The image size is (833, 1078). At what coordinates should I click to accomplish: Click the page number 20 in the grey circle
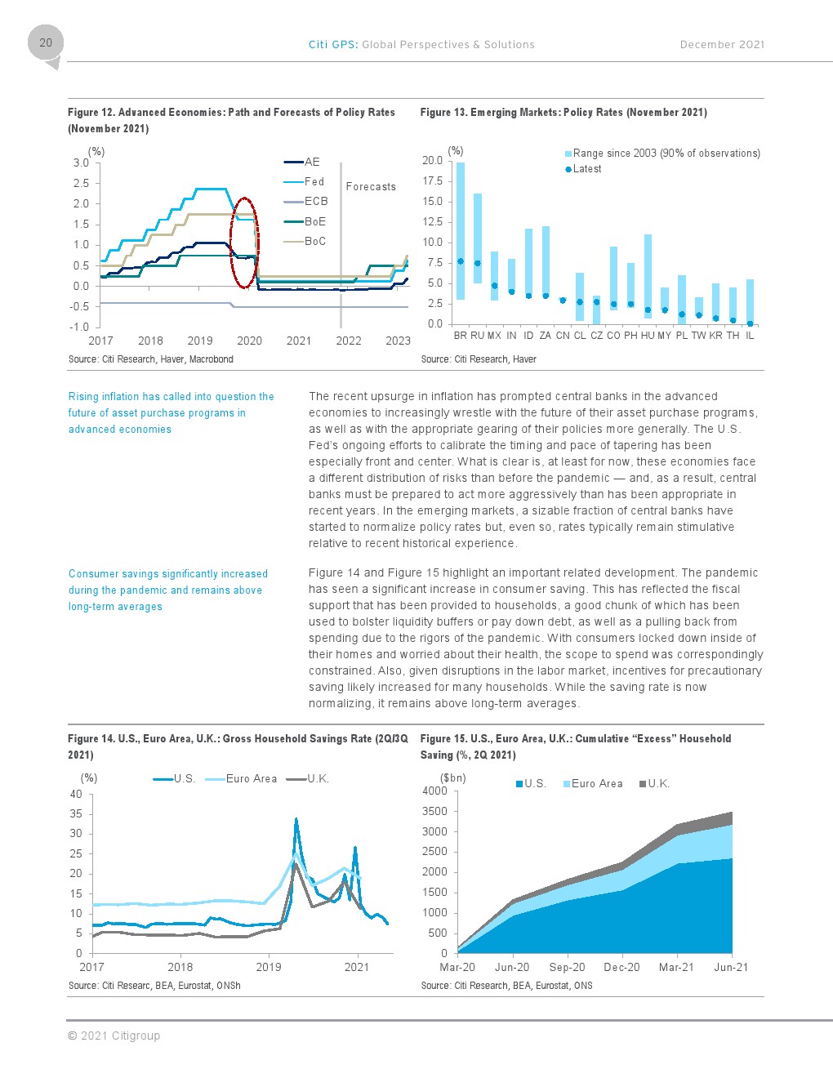click(46, 42)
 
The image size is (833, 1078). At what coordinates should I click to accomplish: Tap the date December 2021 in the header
click(722, 45)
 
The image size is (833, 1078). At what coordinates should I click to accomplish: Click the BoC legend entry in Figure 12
click(305, 241)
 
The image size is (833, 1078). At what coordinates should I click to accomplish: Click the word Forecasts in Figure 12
click(371, 186)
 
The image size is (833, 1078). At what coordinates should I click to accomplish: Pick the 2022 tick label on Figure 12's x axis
click(348, 341)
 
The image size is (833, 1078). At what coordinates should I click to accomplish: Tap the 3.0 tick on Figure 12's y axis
click(81, 163)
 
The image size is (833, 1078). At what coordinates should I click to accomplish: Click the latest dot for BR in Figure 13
click(461, 261)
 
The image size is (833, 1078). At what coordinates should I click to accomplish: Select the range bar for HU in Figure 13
click(648, 276)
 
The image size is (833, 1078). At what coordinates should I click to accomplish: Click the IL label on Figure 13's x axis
click(750, 336)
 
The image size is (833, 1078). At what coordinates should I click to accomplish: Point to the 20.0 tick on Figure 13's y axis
click(432, 160)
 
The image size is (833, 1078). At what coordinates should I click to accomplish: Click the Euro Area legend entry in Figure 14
click(241, 779)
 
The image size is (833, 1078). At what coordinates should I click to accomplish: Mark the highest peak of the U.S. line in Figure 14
click(296, 818)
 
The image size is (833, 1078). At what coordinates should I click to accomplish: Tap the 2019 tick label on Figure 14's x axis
click(269, 967)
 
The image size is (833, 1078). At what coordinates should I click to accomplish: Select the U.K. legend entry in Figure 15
click(654, 784)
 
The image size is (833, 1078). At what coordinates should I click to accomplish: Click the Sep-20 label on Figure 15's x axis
click(567, 968)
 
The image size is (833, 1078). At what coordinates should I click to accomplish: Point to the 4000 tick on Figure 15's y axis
click(434, 791)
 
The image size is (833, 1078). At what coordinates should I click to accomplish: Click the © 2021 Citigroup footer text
click(114, 1036)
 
